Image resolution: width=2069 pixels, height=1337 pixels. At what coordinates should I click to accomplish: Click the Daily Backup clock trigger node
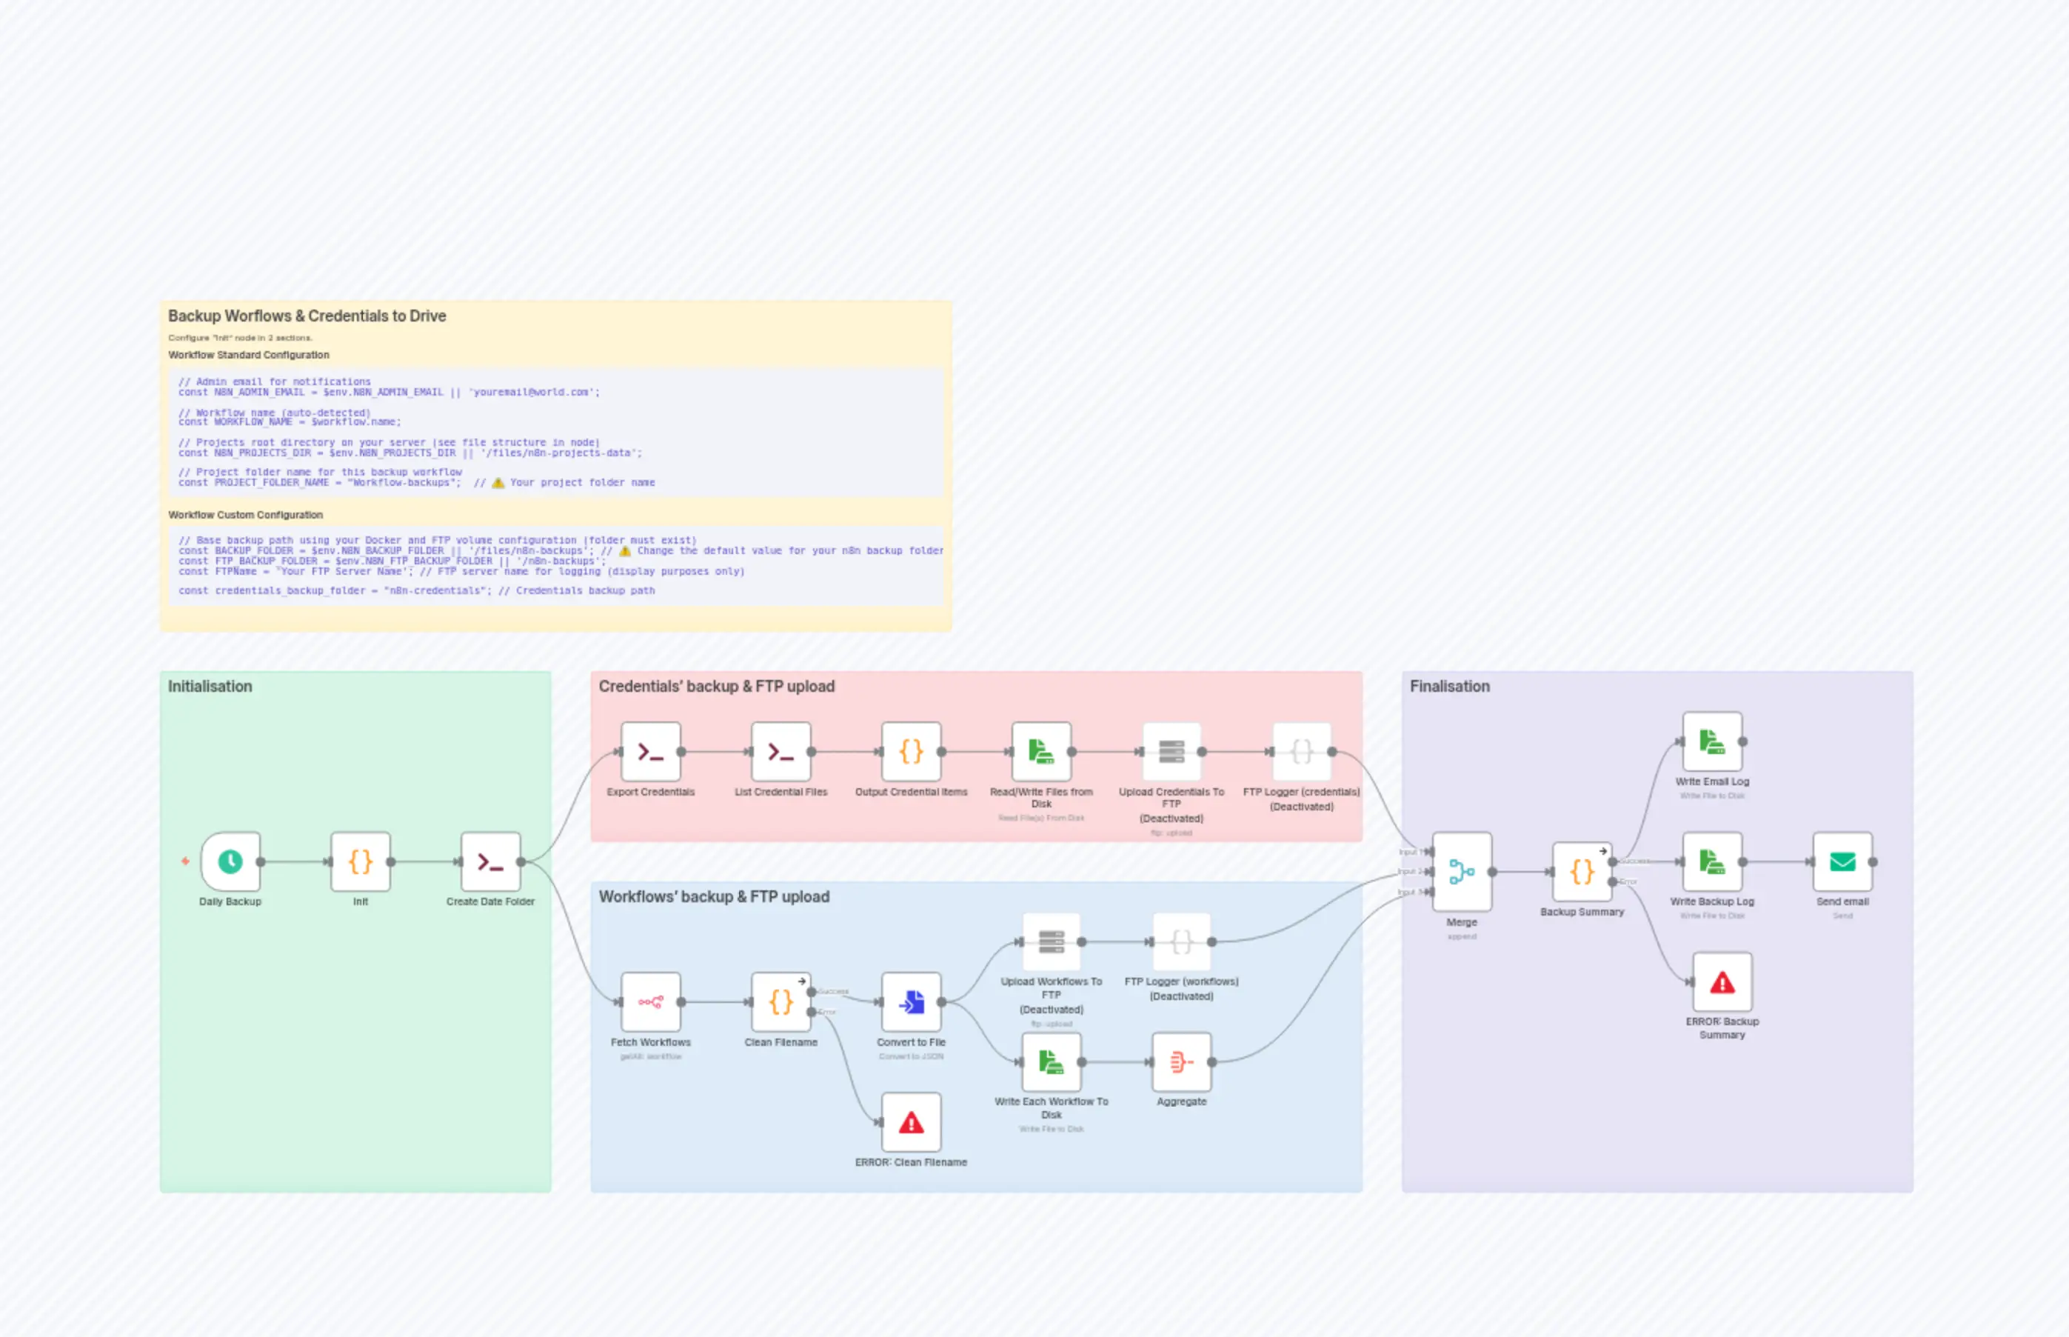(230, 861)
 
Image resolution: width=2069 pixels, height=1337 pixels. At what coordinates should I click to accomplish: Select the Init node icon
(360, 861)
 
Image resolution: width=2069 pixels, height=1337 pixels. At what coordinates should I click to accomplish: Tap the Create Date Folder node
(490, 861)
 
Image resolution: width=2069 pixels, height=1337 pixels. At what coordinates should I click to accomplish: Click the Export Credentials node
(651, 752)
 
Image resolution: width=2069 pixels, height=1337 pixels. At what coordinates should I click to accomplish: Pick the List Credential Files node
(781, 752)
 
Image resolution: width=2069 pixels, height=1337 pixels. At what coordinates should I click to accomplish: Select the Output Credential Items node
(912, 752)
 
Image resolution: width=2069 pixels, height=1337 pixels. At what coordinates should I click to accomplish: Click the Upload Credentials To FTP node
(1171, 752)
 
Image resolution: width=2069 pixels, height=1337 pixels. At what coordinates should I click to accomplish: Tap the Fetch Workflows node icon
(651, 1002)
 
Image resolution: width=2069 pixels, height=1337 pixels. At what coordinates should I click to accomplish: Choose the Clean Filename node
(781, 1002)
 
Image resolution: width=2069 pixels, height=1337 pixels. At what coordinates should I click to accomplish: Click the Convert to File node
(912, 1002)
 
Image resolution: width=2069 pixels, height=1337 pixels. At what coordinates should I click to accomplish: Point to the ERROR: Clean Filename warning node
(912, 1122)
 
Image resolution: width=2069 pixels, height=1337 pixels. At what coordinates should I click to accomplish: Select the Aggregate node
(1181, 1061)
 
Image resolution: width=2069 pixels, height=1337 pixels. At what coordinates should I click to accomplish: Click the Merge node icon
(1462, 872)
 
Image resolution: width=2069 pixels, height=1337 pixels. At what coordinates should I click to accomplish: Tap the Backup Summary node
(1582, 872)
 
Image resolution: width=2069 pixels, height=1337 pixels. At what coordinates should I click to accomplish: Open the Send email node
(1842, 861)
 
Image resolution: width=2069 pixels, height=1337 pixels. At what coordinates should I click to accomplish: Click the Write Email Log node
(1712, 741)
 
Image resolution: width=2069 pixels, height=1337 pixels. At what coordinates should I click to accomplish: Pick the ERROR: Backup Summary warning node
(1722, 982)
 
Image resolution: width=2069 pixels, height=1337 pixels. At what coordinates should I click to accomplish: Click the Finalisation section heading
(1449, 686)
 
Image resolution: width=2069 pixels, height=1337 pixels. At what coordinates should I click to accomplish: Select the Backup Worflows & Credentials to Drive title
(307, 316)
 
